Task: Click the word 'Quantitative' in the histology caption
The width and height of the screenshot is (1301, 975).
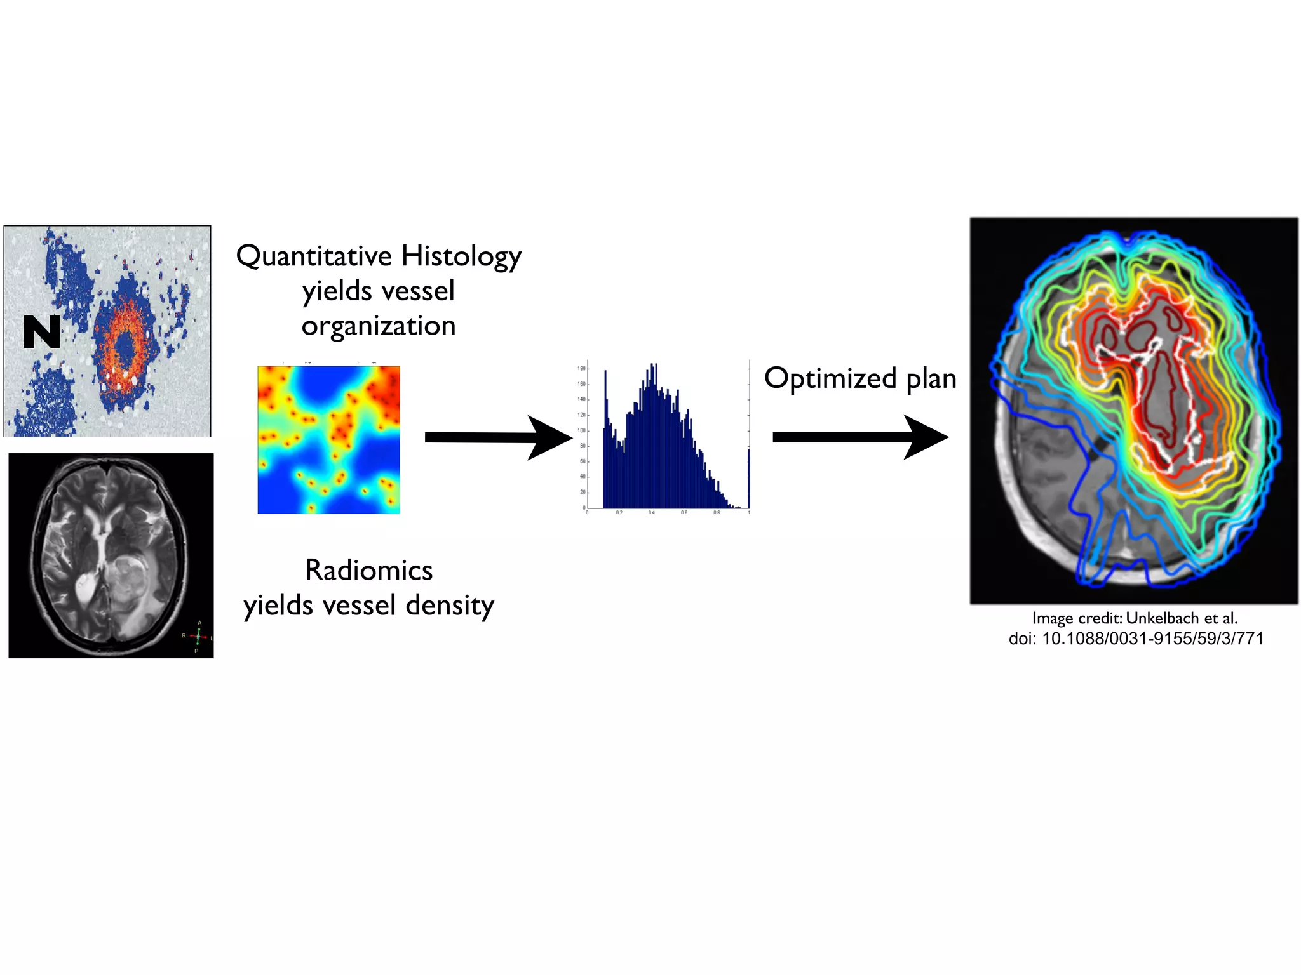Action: [x=314, y=256]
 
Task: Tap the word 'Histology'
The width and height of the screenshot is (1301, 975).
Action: [x=461, y=256]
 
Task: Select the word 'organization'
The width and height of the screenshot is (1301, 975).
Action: [x=379, y=326]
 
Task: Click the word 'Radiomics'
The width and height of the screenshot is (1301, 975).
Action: [x=368, y=570]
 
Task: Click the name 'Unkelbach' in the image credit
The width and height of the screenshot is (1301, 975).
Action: [x=1163, y=618]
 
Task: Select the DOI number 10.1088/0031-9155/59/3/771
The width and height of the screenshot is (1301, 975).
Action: [x=1152, y=639]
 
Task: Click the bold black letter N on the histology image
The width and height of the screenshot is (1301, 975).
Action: [x=41, y=332]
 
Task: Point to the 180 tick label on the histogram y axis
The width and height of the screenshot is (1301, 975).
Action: [x=581, y=368]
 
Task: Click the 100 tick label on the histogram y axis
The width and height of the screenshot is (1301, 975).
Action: [x=581, y=430]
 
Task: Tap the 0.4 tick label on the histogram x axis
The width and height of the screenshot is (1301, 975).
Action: [x=651, y=512]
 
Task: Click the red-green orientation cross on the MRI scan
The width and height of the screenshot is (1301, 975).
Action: [x=198, y=635]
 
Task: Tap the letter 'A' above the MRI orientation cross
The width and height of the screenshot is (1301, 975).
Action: [x=199, y=623]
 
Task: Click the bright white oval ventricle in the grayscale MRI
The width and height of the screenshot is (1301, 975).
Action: [x=84, y=587]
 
